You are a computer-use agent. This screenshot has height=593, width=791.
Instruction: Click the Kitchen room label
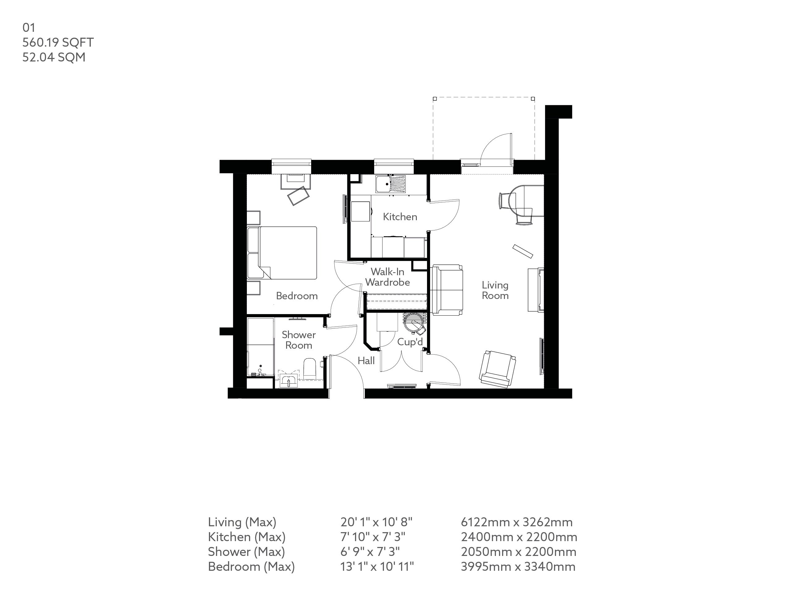(400, 217)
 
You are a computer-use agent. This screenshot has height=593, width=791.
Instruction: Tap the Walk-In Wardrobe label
(387, 277)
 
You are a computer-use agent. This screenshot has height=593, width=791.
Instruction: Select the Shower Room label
(298, 340)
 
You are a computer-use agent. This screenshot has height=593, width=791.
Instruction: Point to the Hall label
(366, 361)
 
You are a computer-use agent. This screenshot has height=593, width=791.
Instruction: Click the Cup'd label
(410, 342)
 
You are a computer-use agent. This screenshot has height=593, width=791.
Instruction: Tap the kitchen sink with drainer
(391, 184)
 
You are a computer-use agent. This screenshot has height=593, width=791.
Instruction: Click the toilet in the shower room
(310, 369)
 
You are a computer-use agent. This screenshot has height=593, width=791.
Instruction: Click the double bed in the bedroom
(288, 253)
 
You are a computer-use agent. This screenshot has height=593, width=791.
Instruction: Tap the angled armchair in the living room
(497, 369)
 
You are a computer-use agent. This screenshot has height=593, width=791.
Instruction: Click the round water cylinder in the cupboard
(415, 323)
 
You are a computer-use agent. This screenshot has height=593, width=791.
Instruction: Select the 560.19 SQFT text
(58, 42)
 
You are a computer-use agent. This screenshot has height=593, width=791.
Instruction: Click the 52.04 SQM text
(54, 57)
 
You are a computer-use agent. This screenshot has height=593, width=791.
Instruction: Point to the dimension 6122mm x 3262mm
(516, 522)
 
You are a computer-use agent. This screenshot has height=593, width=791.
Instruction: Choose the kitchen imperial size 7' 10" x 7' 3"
(373, 537)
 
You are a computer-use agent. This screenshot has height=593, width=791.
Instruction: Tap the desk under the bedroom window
(295, 181)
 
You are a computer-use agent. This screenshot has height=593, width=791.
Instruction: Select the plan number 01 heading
(29, 27)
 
